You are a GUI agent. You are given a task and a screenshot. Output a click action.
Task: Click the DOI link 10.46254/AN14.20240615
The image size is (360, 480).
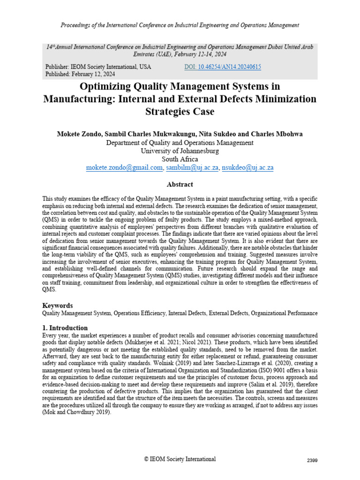pyautogui.click(x=224, y=67)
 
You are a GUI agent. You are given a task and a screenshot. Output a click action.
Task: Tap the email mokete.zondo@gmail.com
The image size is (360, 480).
pyautogui.click(x=125, y=168)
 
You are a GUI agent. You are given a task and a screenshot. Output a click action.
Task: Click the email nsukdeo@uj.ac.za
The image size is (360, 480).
pyautogui.click(x=248, y=168)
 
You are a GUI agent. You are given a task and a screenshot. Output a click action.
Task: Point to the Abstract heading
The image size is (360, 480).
pyautogui.click(x=180, y=185)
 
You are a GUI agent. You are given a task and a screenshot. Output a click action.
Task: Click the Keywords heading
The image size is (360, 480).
pyautogui.click(x=57, y=305)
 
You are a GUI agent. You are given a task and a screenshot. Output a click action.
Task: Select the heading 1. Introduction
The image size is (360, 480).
pyautogui.click(x=65, y=328)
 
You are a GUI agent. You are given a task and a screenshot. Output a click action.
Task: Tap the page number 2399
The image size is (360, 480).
pyautogui.click(x=312, y=461)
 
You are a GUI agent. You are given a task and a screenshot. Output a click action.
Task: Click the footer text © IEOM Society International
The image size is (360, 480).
pyautogui.click(x=180, y=459)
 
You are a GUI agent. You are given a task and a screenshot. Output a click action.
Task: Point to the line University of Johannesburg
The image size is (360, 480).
pyautogui.click(x=180, y=151)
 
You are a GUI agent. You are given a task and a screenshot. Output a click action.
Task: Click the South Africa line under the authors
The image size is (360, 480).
pyautogui.click(x=180, y=159)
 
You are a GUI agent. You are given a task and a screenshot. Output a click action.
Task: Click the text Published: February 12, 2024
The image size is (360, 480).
pyautogui.click(x=80, y=75)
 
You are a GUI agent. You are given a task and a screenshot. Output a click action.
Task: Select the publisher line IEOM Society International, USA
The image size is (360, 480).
pyautogui.click(x=98, y=67)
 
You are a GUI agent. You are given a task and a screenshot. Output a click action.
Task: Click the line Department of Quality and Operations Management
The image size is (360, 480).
pyautogui.click(x=180, y=142)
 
